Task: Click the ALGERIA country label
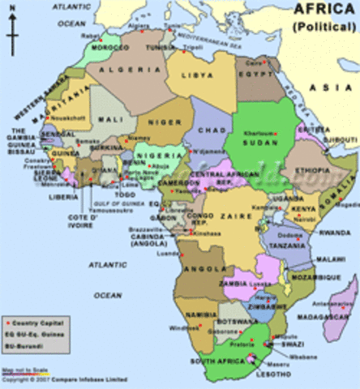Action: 118,71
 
